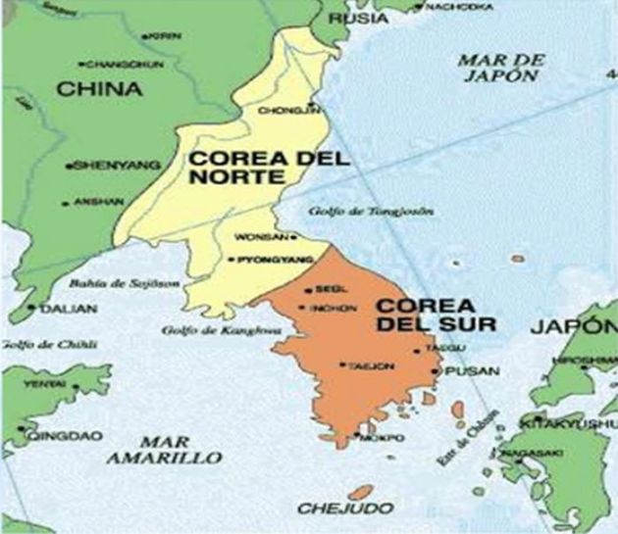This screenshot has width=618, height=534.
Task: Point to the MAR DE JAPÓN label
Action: (501, 68)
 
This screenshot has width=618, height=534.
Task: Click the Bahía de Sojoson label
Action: (108, 284)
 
